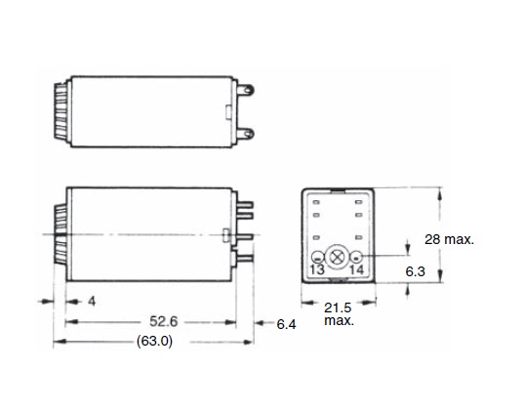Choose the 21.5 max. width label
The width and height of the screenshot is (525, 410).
point(339,313)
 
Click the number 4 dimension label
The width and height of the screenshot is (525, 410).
point(91,303)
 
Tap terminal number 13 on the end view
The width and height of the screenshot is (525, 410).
point(317,268)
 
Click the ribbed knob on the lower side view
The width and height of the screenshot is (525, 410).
point(60,235)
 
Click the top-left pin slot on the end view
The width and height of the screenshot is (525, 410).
point(319,202)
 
